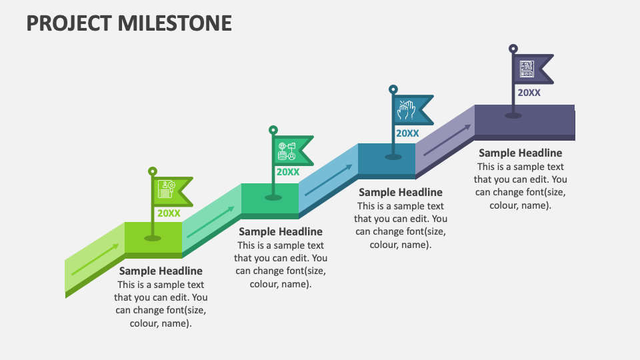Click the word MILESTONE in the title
tap(175, 23)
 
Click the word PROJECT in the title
tap(69, 23)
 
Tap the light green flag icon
tap(166, 189)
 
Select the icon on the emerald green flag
tap(287, 151)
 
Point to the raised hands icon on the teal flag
tap(407, 110)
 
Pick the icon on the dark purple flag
tap(527, 69)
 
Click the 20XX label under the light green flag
tap(169, 213)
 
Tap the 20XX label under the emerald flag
tap(288, 172)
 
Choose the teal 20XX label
tap(408, 133)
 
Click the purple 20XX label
tap(529, 93)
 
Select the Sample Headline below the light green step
tap(161, 271)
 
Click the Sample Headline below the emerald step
tap(281, 232)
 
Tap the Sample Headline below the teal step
tap(401, 192)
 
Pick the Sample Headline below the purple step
tap(521, 153)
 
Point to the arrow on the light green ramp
tap(95, 259)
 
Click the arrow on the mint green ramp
tap(211, 221)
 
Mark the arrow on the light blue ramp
tap(329, 180)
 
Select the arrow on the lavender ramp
tap(447, 140)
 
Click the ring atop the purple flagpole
tap(513, 49)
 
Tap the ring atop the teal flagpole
tap(393, 89)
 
